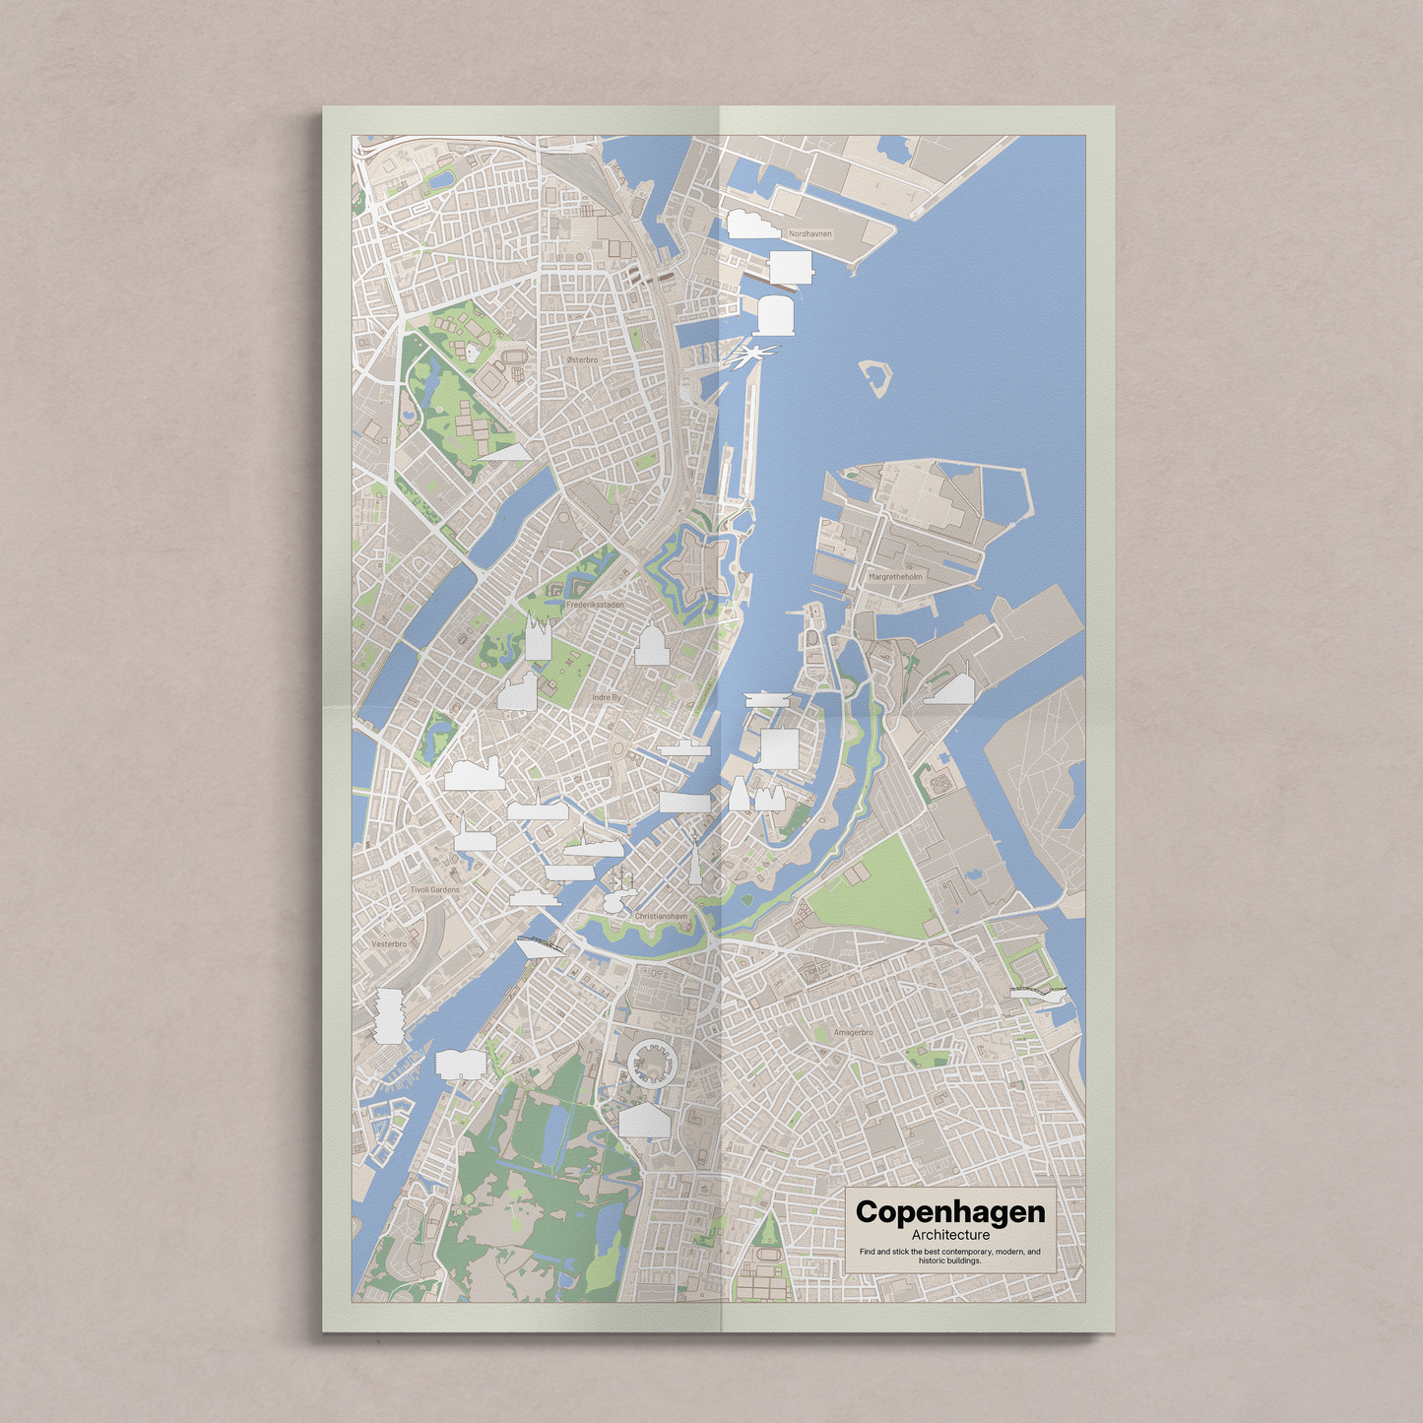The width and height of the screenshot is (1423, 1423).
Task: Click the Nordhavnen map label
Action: tap(809, 234)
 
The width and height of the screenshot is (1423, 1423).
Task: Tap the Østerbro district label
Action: tap(582, 360)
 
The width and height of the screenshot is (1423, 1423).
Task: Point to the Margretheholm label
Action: tap(895, 577)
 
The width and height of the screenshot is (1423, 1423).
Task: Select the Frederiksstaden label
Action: tap(595, 605)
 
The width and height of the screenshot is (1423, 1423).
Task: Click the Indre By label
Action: tap(607, 697)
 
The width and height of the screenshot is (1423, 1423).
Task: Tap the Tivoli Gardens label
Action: tap(435, 889)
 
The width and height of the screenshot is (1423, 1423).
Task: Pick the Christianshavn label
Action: tap(661, 916)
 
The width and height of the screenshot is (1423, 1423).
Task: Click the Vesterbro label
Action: tap(389, 943)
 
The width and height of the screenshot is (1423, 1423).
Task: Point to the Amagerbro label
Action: tap(853, 1032)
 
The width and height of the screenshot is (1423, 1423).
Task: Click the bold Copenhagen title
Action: tap(950, 1211)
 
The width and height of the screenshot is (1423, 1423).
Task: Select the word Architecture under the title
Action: tap(950, 1235)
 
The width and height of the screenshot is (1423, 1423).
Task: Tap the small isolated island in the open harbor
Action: tap(873, 377)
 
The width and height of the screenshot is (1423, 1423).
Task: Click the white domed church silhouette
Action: tap(651, 645)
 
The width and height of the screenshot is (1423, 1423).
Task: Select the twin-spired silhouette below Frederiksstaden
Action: tap(537, 638)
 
